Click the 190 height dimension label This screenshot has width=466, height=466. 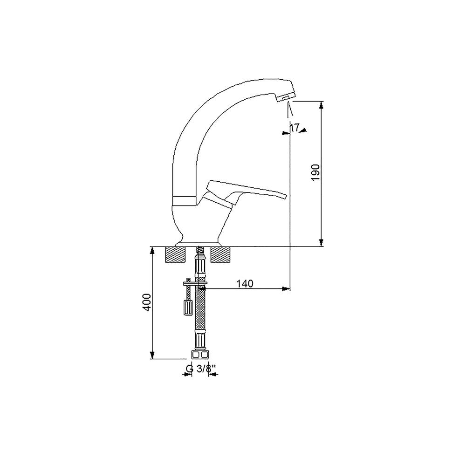click(x=315, y=172)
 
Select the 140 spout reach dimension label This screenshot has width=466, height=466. click(x=245, y=283)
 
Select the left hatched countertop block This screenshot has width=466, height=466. click(x=175, y=255)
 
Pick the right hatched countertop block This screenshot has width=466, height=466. click(x=220, y=255)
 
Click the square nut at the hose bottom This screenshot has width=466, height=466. click(x=200, y=355)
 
